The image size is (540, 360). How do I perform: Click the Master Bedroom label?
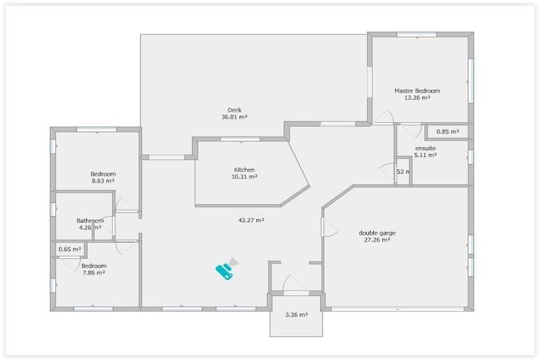417,91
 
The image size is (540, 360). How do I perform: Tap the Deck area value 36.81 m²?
234,117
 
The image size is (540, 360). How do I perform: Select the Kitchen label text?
245,169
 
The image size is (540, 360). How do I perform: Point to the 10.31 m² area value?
245,177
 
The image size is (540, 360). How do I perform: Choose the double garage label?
374,233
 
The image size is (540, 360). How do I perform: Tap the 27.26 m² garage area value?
374,240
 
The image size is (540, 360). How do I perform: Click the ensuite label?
425,148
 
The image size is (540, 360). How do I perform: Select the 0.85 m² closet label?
447,131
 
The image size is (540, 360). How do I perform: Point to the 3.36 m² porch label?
296,314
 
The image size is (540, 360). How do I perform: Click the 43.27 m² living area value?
251,220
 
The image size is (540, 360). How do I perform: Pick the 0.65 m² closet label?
70,249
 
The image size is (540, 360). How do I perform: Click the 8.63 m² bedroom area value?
103,181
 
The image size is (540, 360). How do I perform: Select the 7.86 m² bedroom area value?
94,273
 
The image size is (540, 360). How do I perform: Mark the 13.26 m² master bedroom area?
417,98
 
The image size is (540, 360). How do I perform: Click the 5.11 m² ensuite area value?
425,156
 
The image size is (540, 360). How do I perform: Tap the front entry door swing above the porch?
295,283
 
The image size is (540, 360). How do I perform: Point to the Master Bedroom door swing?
385,117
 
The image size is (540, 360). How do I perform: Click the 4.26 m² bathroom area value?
90,228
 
